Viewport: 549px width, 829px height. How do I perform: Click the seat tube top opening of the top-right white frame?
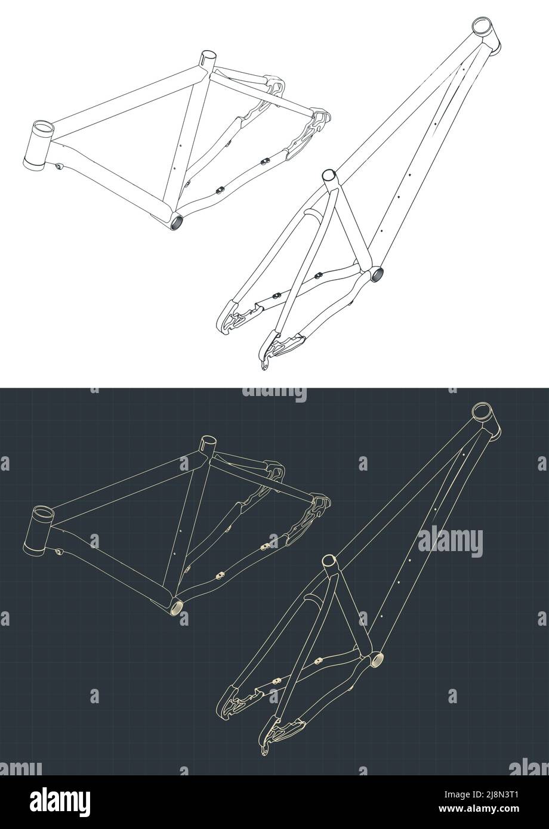[329, 175]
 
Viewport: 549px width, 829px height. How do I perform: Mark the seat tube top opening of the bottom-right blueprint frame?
[329, 560]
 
